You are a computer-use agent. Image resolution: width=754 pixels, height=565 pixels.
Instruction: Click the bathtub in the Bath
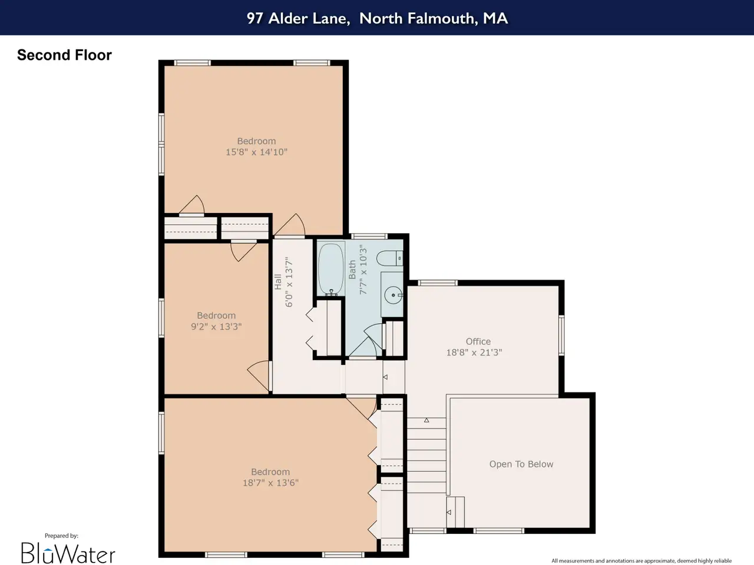point(331,268)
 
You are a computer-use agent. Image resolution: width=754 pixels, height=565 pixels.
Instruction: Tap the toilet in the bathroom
point(389,258)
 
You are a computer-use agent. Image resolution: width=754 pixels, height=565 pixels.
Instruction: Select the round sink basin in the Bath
point(393,295)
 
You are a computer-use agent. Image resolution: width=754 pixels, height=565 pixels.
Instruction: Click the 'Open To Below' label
point(521,464)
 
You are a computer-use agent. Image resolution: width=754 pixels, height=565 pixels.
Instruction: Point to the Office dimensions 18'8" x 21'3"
point(474,353)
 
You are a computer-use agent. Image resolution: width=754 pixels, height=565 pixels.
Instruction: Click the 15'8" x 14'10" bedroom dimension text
point(256,152)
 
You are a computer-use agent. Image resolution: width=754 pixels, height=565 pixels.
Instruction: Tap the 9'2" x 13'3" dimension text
point(216,326)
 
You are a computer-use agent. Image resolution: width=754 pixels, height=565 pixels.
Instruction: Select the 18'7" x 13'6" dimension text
point(270,483)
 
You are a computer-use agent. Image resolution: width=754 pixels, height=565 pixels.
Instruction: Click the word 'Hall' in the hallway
point(278,282)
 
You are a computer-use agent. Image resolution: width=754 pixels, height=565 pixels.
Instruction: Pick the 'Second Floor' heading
point(65,55)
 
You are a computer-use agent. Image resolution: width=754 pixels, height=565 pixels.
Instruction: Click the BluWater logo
point(68,553)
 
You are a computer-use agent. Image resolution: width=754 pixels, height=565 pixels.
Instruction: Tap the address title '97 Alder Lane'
point(298,18)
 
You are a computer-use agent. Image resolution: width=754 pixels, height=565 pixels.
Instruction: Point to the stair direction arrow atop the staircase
point(426,420)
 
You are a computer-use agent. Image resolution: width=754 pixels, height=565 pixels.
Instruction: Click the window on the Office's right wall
point(561,335)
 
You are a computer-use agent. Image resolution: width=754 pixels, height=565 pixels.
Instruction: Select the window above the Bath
point(369,236)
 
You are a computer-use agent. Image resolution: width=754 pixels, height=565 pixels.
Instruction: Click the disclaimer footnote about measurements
point(641,560)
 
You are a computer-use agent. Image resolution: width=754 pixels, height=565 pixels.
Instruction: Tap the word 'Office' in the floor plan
point(478,341)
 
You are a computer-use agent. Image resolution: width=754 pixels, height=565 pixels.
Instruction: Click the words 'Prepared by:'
point(61,536)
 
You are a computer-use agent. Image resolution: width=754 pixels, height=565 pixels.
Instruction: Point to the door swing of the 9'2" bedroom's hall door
point(258,375)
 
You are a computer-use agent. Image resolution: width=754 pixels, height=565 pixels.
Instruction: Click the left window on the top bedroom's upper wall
point(192,63)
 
